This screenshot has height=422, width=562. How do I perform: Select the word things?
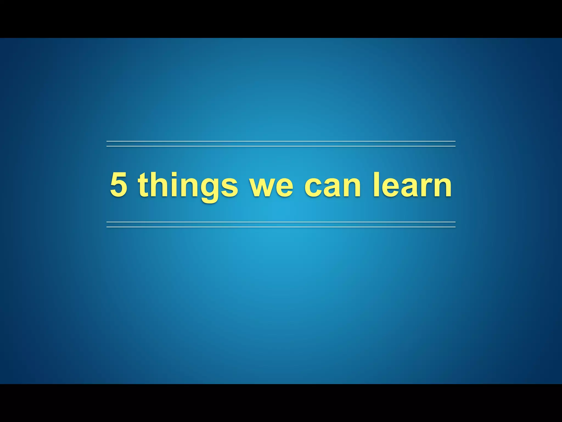click(x=188, y=185)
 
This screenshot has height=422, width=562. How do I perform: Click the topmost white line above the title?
click(x=281, y=141)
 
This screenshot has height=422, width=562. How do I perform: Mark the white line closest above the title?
click(x=281, y=146)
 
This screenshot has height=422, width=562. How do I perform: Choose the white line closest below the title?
click(x=281, y=222)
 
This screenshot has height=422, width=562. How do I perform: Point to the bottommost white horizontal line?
click(x=281, y=227)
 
